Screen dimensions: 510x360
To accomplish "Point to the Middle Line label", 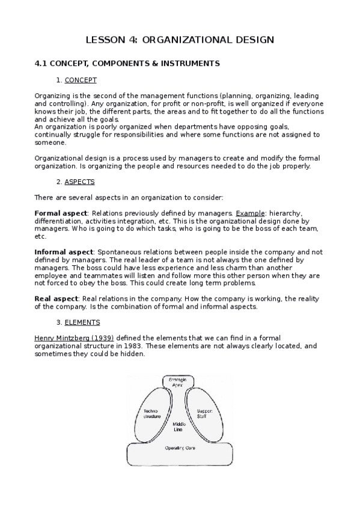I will (178, 428).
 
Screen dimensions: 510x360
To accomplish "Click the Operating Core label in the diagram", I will (178, 449).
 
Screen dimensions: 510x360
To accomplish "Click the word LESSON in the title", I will (106, 40).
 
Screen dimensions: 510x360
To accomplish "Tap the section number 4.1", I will (40, 63).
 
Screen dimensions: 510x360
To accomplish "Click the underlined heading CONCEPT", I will (81, 80).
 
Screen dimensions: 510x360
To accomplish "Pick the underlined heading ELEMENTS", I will (82, 322).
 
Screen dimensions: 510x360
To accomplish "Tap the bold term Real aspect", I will (56, 299).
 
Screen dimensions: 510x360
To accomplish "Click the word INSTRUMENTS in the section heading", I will (189, 63).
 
